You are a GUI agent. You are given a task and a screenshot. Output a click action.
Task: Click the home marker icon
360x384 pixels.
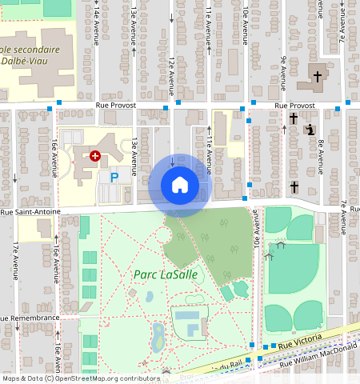(x=180, y=185)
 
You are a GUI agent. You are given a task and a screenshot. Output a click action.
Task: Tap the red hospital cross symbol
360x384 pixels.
(x=95, y=156)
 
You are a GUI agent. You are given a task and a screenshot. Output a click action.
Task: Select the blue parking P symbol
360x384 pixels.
(x=114, y=177)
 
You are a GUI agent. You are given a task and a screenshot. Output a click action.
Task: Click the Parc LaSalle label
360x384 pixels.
(x=166, y=274)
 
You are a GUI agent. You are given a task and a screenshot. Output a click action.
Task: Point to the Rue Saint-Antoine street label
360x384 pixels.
(x=30, y=212)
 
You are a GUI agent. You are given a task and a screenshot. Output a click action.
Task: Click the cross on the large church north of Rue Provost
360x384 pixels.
(x=317, y=77)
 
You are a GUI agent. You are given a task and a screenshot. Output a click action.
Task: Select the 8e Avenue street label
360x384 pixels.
(x=320, y=157)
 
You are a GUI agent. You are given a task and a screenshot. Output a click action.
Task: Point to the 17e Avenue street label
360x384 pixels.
(x=15, y=260)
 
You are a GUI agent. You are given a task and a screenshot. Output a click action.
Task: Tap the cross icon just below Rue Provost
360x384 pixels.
(x=293, y=118)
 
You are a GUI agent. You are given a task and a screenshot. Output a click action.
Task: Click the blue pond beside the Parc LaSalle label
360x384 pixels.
(x=150, y=296)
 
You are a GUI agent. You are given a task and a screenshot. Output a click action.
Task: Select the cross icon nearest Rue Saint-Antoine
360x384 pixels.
(x=294, y=187)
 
